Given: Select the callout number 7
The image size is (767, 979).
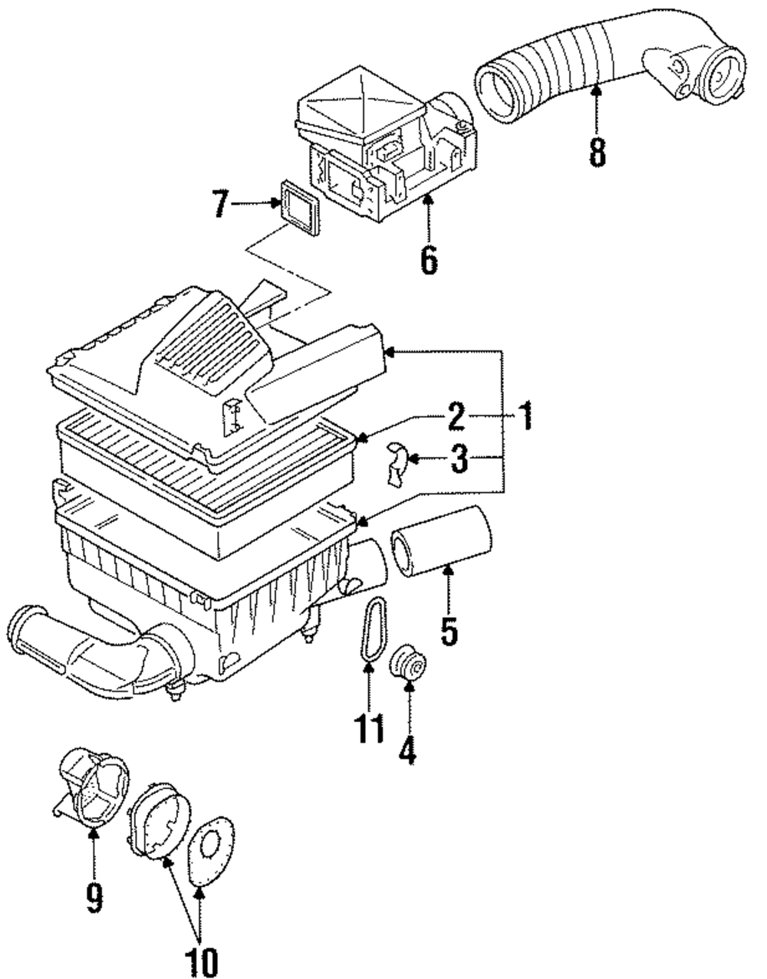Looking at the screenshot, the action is (221, 204).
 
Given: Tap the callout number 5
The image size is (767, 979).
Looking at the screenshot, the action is (449, 631).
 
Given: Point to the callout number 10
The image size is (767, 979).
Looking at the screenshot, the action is (201, 962).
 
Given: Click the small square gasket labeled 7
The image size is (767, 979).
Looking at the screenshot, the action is (300, 207).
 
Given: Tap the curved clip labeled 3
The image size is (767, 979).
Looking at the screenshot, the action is (397, 465).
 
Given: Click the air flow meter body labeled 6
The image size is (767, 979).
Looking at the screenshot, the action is (387, 144).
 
